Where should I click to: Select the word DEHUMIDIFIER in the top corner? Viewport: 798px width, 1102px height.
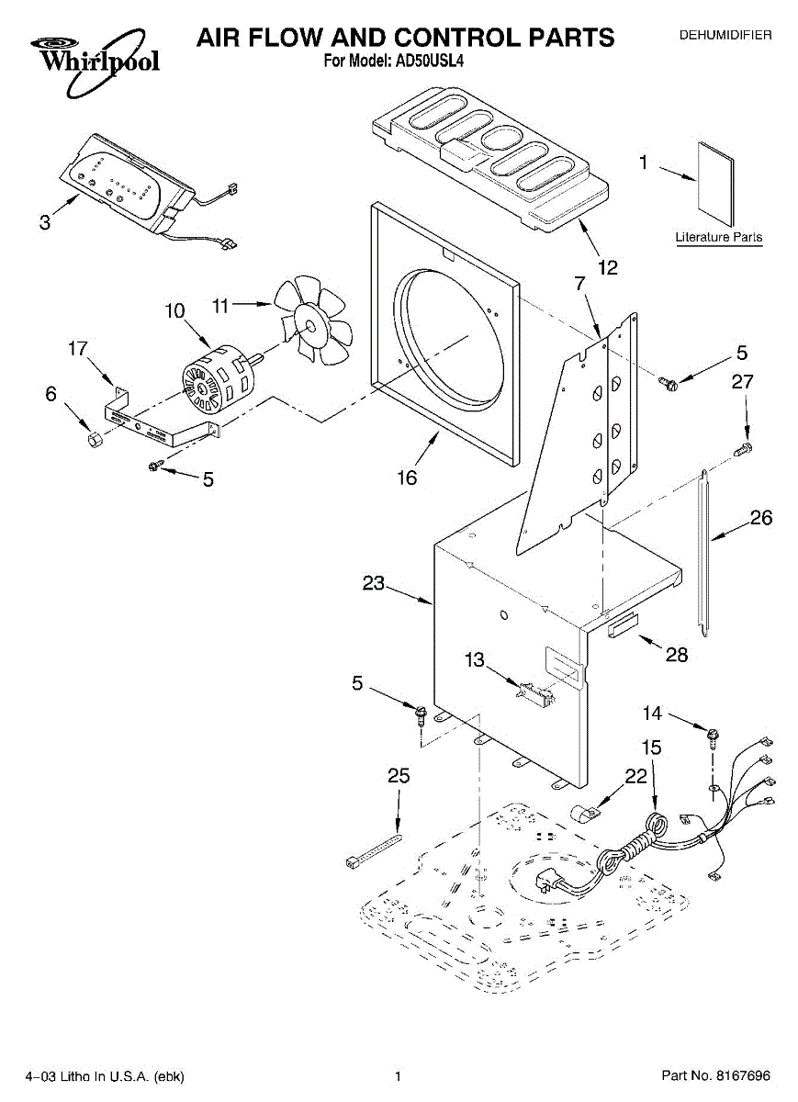coord(725,35)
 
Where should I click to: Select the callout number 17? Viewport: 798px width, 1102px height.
coord(78,348)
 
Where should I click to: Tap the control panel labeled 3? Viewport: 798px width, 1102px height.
coord(135,183)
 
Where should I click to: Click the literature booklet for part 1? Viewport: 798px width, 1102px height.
coord(714,184)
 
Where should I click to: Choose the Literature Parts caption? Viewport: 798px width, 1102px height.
coord(719,237)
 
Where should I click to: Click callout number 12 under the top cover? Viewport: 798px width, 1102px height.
coord(608,267)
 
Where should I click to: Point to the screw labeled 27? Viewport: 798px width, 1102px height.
coord(744,449)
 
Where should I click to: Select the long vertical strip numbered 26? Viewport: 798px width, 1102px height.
coord(704,554)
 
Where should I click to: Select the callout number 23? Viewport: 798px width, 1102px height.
coord(374,583)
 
